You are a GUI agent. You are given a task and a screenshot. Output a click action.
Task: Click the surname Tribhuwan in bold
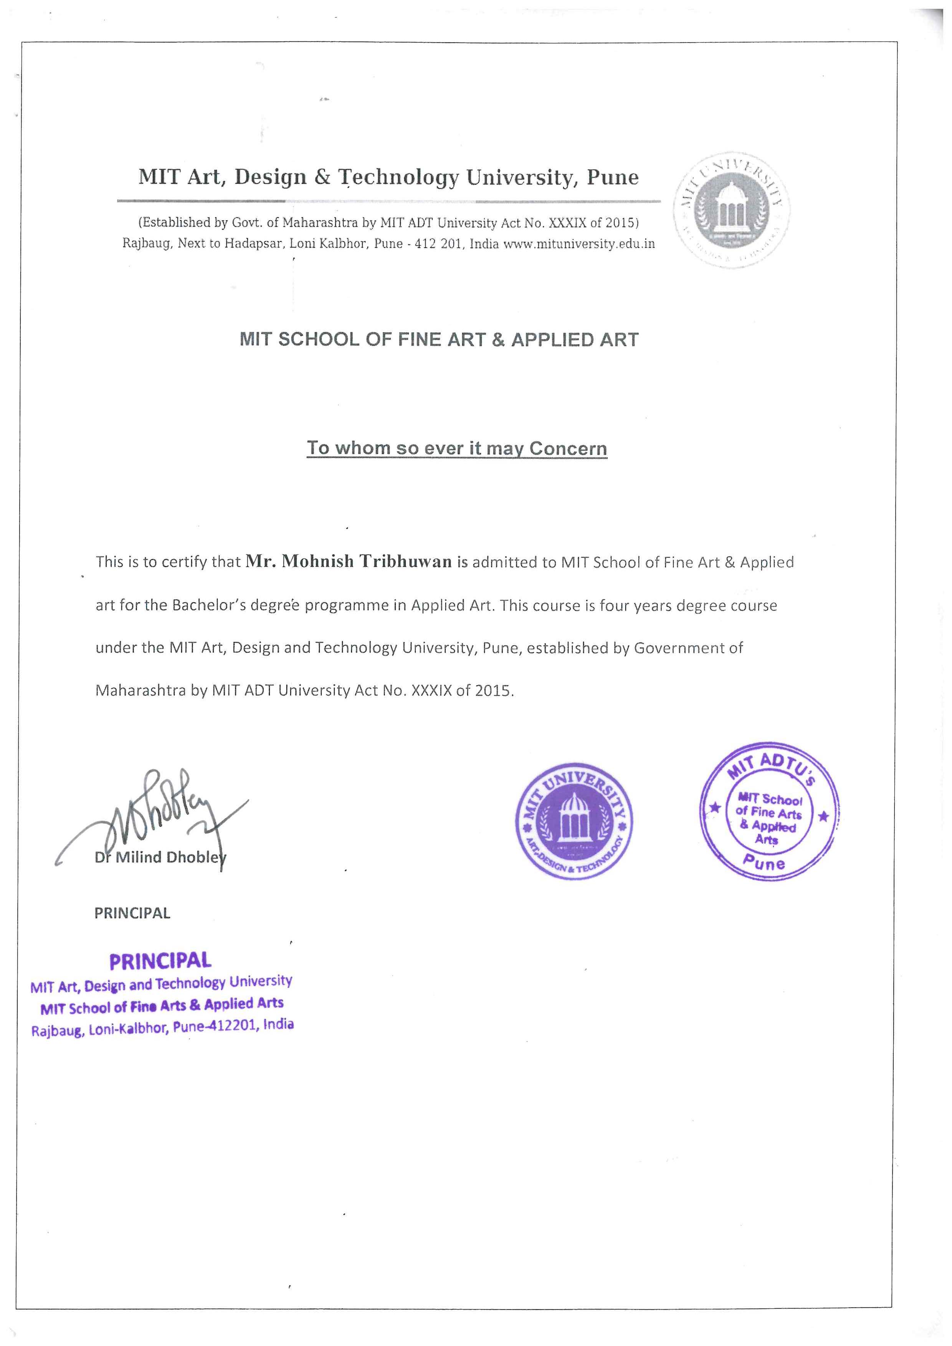pyautogui.click(x=406, y=561)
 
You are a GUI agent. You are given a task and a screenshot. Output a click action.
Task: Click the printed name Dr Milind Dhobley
pyautogui.click(x=159, y=857)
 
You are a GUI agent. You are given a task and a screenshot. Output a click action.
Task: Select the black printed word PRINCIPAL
pyautogui.click(x=132, y=913)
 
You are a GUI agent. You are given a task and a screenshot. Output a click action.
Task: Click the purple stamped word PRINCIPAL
pyautogui.click(x=160, y=961)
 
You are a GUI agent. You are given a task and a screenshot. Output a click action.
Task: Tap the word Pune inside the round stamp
pyautogui.click(x=764, y=862)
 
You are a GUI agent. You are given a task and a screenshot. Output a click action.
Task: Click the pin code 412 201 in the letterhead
pyautogui.click(x=438, y=244)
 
